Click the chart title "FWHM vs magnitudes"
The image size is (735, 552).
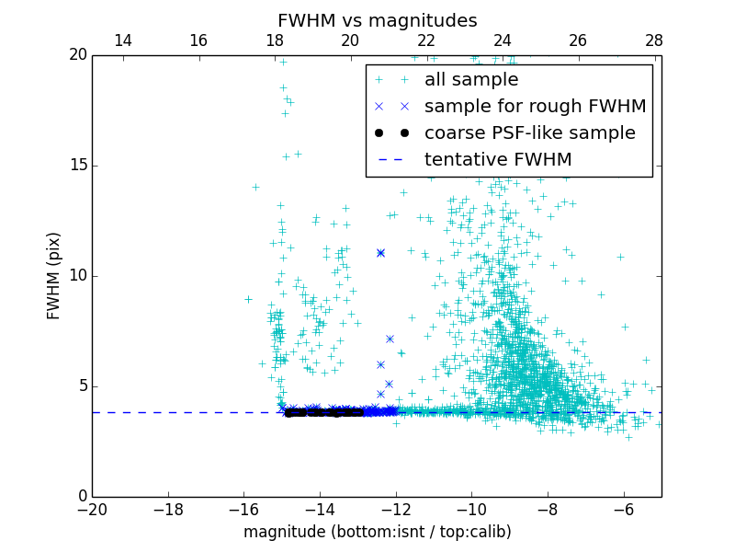(x=377, y=20)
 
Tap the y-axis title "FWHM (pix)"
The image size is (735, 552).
(x=54, y=275)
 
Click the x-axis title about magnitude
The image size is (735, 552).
(x=377, y=533)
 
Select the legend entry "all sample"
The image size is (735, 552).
(x=470, y=80)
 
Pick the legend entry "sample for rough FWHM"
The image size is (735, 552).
(x=535, y=107)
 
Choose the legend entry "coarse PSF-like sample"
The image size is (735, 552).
(x=529, y=133)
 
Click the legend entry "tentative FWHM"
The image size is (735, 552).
(x=497, y=160)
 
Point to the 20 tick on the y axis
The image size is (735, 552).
(x=77, y=55)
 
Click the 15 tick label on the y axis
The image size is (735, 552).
(x=77, y=166)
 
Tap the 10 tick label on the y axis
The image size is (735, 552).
(x=77, y=276)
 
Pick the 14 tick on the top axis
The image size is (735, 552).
(x=122, y=40)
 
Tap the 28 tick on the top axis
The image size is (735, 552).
(x=654, y=40)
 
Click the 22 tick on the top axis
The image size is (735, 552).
(x=426, y=40)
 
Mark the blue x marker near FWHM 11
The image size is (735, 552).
(x=380, y=252)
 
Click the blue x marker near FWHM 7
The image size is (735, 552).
(x=390, y=339)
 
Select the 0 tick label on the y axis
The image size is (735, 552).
(x=81, y=497)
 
